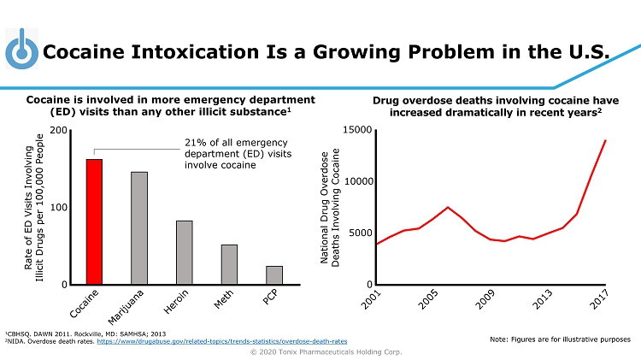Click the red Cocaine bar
pyautogui.click(x=94, y=221)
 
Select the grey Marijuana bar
pyautogui.click(x=139, y=227)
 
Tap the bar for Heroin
pyautogui.click(x=185, y=252)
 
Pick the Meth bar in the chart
pyautogui.click(x=229, y=264)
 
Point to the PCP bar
pyautogui.click(x=273, y=274)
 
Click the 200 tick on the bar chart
pyautogui.click(x=60, y=130)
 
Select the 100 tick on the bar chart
pyautogui.click(x=60, y=208)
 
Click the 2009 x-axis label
pyautogui.click(x=486, y=299)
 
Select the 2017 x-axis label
pyautogui.click(x=601, y=299)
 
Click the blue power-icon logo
pyautogui.click(x=21, y=50)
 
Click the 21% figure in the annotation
pyautogui.click(x=194, y=143)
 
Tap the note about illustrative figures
pyautogui.click(x=561, y=339)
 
